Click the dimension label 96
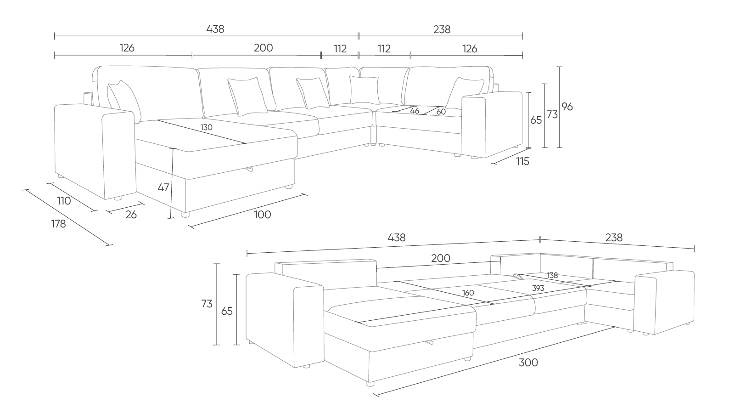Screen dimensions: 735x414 pyautogui.click(x=567, y=107)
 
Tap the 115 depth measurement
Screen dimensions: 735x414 pyautogui.click(x=523, y=162)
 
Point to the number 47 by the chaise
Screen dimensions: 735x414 pyautogui.click(x=163, y=187)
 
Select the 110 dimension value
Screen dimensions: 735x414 pyautogui.click(x=64, y=201)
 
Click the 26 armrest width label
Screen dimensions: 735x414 pyautogui.click(x=131, y=215)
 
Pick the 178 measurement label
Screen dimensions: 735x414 pyautogui.click(x=58, y=224)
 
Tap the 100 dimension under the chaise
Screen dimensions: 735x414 pyautogui.click(x=263, y=215)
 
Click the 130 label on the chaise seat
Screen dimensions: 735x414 pyautogui.click(x=207, y=127)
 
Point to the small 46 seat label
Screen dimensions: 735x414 pyautogui.click(x=415, y=111)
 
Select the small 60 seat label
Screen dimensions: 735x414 pyautogui.click(x=441, y=112)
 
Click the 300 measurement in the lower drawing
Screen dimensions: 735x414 pyautogui.click(x=528, y=363)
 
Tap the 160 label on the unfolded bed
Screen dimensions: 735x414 pyautogui.click(x=468, y=293)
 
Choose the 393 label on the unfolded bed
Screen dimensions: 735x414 pyautogui.click(x=538, y=288)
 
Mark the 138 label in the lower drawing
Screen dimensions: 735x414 pyautogui.click(x=552, y=276)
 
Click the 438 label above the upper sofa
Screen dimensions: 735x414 pyautogui.click(x=215, y=29)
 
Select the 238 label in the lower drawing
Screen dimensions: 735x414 pyautogui.click(x=614, y=238)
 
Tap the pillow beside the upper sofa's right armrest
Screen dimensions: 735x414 pyautogui.click(x=464, y=92)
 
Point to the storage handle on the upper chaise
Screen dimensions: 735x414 pyautogui.click(x=249, y=169)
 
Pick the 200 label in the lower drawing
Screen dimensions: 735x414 pyautogui.click(x=441, y=258)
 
